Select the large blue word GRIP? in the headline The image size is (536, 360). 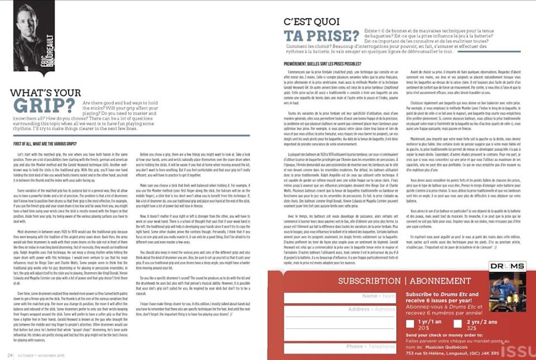point(44,105)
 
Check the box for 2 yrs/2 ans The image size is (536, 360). point(461,324)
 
